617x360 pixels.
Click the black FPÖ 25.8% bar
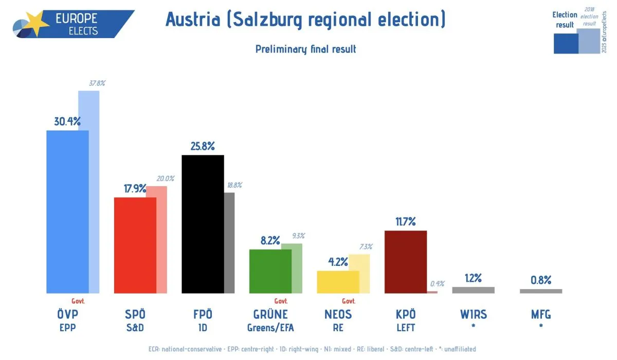click(x=203, y=224)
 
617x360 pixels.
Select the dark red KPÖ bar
click(x=406, y=262)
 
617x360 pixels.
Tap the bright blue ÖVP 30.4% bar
click(x=67, y=211)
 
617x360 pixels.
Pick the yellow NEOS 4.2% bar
click(x=338, y=282)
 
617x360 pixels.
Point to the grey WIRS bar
click(x=473, y=290)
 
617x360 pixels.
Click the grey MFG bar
click(x=541, y=291)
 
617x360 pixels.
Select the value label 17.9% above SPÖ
click(x=135, y=188)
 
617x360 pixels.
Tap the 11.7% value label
click(x=405, y=222)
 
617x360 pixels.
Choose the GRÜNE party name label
click(x=270, y=314)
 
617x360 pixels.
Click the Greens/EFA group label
click(x=270, y=327)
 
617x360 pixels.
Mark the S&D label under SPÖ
click(x=135, y=327)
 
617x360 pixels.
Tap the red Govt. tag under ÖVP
click(x=78, y=301)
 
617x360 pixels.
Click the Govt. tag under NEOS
click(x=349, y=301)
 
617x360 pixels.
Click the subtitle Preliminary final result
click(x=305, y=49)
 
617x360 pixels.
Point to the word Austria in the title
click(x=193, y=20)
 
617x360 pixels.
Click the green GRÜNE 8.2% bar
click(x=270, y=271)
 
